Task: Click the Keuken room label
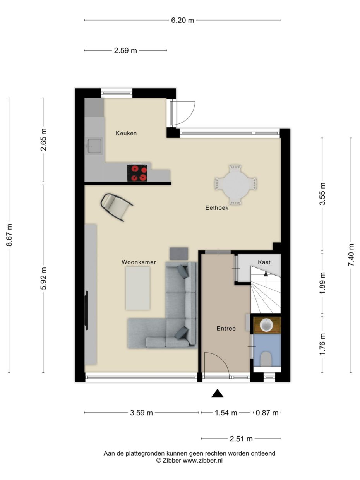(x=126, y=134)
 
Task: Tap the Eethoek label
(x=217, y=208)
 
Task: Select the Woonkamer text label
(x=139, y=262)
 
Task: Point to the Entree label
(x=226, y=329)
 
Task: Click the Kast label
(x=264, y=262)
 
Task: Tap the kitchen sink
(x=94, y=146)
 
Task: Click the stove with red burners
(x=138, y=173)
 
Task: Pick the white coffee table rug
(x=137, y=288)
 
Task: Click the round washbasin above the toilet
(x=266, y=325)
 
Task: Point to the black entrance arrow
(x=218, y=393)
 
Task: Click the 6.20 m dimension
(x=182, y=20)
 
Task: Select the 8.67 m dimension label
(x=9, y=235)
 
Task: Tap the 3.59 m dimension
(x=141, y=413)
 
